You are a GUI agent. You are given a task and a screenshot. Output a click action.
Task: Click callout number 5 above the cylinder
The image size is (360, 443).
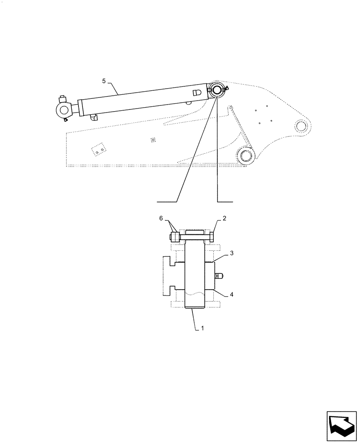(104, 81)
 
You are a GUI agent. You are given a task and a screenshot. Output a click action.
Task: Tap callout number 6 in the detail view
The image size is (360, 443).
(161, 219)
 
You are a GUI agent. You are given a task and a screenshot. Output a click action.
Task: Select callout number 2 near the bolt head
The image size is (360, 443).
(225, 219)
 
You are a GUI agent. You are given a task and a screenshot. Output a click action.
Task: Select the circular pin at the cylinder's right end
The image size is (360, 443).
(217, 90)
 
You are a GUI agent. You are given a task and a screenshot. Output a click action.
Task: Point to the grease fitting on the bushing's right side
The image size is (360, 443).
(219, 276)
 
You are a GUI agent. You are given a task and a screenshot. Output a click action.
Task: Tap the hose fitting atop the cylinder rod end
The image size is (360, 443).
(62, 99)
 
